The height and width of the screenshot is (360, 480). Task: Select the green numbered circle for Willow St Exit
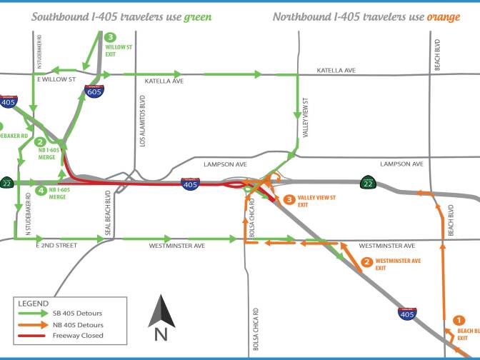pos(110,37)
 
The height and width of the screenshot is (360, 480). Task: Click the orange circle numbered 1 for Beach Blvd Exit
pos(459,321)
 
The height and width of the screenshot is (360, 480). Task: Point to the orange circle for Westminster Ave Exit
pos(367,262)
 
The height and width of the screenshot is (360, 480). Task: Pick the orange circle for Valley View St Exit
pos(289,200)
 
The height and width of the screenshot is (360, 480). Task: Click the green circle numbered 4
pos(41,191)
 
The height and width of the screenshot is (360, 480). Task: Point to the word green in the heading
pos(197,16)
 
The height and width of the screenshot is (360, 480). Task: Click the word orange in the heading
pos(443,16)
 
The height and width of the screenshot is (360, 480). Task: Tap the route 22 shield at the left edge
pos(6,181)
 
